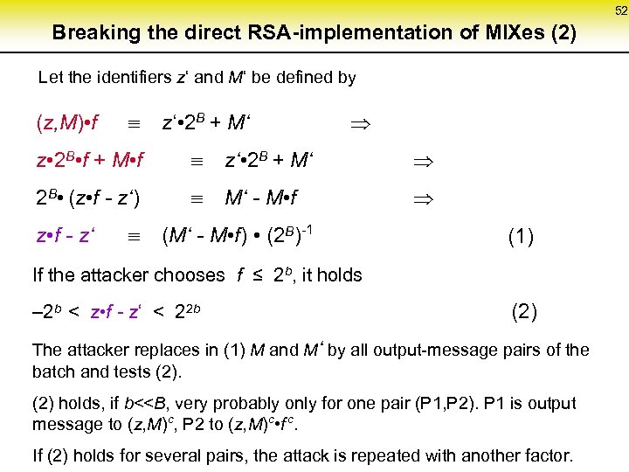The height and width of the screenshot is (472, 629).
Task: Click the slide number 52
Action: coord(620,10)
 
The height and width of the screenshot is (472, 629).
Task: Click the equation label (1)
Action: coord(521,237)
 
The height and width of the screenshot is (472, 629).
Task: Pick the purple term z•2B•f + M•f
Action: coord(89,161)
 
